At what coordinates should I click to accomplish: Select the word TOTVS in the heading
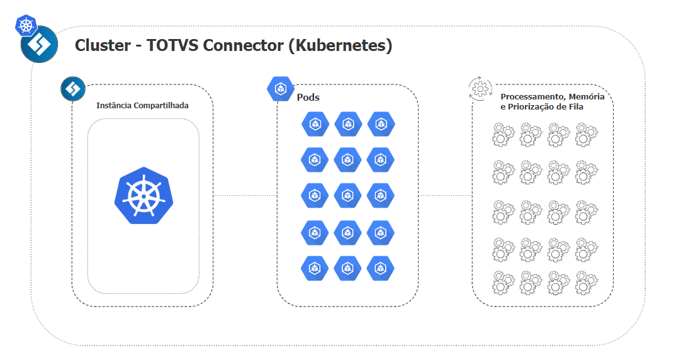pyautogui.click(x=171, y=46)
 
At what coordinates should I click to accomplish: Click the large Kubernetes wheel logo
pyautogui.click(x=144, y=196)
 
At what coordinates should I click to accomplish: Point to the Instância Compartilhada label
pyautogui.click(x=142, y=105)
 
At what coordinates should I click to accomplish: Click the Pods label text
pyautogui.click(x=308, y=98)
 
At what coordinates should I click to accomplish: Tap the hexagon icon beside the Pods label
pyautogui.click(x=280, y=89)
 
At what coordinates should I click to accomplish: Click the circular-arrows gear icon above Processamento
pyautogui.click(x=481, y=89)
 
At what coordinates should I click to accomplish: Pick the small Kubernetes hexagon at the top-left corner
pyautogui.click(x=26, y=26)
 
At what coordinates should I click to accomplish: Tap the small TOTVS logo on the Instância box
pyautogui.click(x=73, y=89)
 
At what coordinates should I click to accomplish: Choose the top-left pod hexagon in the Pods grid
pyautogui.click(x=315, y=124)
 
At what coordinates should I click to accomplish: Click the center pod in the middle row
pyautogui.click(x=348, y=196)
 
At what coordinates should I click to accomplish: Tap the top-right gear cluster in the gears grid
pyautogui.click(x=587, y=135)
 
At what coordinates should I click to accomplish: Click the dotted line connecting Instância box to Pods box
pyautogui.click(x=245, y=196)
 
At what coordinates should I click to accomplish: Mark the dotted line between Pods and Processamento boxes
pyautogui.click(x=445, y=196)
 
